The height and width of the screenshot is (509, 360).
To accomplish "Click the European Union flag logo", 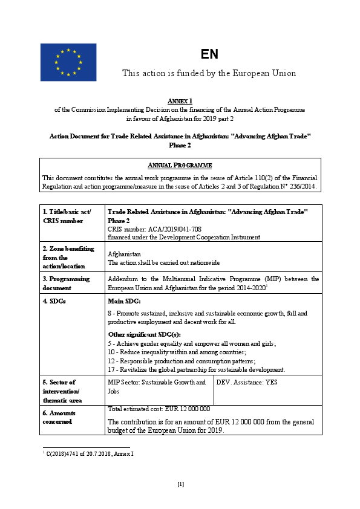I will pos(68,62).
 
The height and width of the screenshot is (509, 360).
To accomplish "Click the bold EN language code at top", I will pos(209,54).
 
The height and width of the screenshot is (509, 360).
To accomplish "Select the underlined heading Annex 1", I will pos(180,100).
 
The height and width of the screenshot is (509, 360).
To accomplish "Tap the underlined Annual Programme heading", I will pos(180,165).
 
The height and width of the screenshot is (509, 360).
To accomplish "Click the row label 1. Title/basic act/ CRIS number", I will pos(67,216).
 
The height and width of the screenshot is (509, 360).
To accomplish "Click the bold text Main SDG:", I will pos(124,301).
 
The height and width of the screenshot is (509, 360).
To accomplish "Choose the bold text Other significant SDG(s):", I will pos(144,334).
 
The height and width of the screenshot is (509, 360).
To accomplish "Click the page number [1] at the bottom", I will pos(180,484).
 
